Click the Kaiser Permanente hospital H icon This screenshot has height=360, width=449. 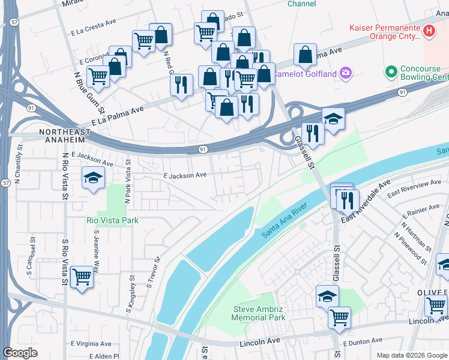[429, 31]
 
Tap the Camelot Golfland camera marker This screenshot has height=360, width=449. [345, 74]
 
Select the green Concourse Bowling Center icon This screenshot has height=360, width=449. [391, 73]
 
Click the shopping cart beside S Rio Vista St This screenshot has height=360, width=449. [82, 277]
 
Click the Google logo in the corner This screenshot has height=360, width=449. [20, 353]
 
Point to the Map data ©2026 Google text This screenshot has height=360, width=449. [411, 355]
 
